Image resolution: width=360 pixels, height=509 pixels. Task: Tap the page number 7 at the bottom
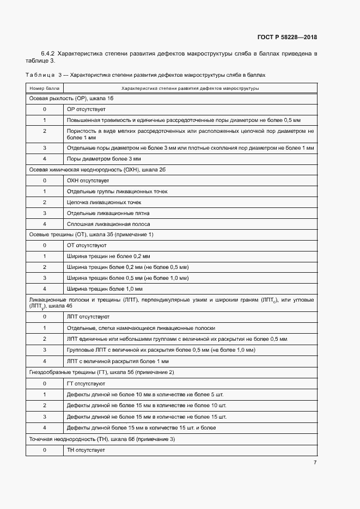[x=315, y=462]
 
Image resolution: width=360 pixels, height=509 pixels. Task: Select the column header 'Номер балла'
[x=45, y=88]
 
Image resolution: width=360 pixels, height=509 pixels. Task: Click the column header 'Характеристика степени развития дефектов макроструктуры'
[x=190, y=88]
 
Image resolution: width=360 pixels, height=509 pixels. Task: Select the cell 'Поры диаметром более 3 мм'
[x=103, y=158]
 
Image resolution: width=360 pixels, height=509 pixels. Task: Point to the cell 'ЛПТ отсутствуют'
[x=88, y=316]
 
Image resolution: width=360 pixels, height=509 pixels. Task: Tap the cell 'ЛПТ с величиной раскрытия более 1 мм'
[x=118, y=361]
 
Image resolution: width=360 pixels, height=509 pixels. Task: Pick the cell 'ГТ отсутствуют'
[x=86, y=383]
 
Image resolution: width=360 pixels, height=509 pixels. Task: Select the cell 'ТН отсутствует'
[x=86, y=450]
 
